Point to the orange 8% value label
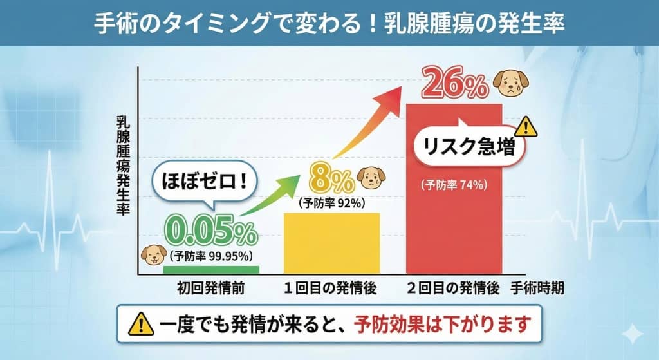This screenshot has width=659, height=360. pyautogui.click(x=331, y=178)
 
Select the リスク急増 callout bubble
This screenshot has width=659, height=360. pyautogui.click(x=467, y=147)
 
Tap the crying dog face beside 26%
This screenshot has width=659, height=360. pyautogui.click(x=508, y=81)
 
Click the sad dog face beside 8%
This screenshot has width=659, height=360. pyautogui.click(x=371, y=177)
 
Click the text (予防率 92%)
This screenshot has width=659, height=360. pyautogui.click(x=332, y=203)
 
